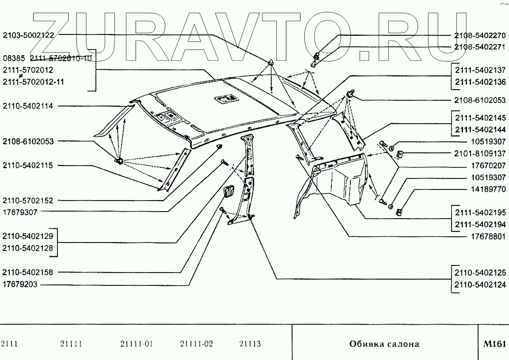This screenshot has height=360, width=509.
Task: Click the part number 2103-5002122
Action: pos(28,35)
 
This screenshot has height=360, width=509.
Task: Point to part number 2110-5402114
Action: pos(28,106)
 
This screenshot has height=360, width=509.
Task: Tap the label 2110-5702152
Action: pos(28,200)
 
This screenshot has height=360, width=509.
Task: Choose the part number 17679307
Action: pos(20,212)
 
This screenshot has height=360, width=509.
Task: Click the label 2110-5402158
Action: pos(28,273)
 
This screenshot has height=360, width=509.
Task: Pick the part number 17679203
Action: pos(20,285)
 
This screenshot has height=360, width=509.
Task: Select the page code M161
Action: pos(494,344)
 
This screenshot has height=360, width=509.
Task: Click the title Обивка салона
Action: pos(384,344)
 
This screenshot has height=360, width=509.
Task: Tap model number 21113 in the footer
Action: pos(250,344)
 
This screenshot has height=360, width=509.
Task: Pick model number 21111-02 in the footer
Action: pos(197,344)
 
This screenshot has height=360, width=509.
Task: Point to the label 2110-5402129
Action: pos(28,236)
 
